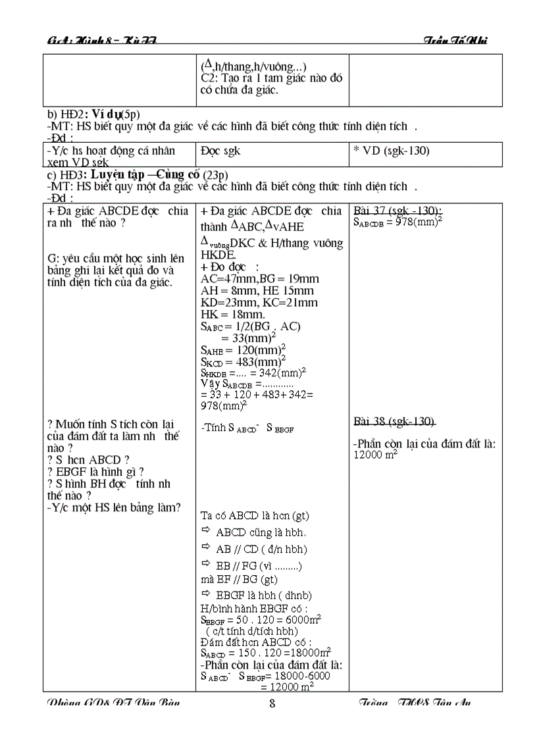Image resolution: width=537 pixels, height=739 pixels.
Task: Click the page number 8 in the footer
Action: click(x=272, y=703)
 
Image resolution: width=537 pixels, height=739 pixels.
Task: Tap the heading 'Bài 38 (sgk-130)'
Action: click(x=394, y=421)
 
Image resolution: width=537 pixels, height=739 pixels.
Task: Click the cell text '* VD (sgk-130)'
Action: click(x=391, y=151)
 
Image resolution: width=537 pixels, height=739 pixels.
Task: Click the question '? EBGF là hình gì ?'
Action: click(x=95, y=472)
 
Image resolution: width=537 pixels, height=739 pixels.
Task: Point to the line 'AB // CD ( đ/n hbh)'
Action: click(x=261, y=549)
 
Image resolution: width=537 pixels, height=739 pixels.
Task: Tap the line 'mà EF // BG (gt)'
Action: click(x=239, y=579)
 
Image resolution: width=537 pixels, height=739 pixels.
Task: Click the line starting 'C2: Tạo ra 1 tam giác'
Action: click(x=271, y=78)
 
